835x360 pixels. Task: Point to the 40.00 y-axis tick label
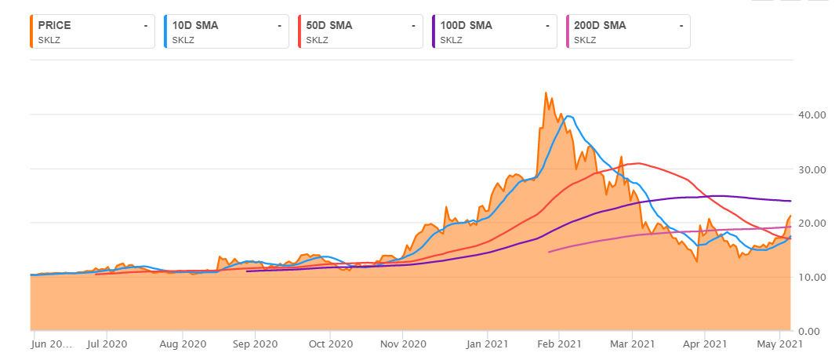click(808, 115)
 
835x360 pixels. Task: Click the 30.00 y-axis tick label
click(808, 169)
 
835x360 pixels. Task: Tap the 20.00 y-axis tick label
click(808, 223)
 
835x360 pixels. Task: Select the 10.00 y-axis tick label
click(808, 277)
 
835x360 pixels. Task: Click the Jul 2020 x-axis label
click(105, 344)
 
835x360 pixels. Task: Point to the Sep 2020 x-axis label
click(256, 344)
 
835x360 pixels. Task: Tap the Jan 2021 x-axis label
click(487, 344)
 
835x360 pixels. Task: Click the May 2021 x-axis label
click(779, 344)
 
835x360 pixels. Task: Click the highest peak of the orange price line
click(546, 93)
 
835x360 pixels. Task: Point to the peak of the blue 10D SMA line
click(568, 116)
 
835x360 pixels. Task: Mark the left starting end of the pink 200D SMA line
click(549, 252)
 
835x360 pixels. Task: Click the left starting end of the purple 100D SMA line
click(247, 271)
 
